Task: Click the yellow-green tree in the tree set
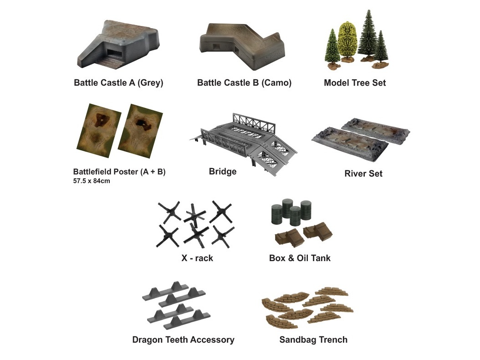tap(347, 40)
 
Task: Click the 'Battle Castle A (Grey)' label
tap(118, 83)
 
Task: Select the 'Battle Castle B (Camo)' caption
tap(244, 83)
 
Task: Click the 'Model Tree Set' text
tap(355, 83)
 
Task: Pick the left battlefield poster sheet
tap(98, 131)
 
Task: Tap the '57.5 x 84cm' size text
tap(92, 181)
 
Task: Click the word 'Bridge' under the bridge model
tap(223, 172)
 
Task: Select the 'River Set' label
tap(363, 174)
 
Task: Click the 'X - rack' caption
tap(197, 258)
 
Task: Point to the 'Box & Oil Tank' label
tap(300, 258)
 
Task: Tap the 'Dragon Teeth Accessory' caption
tap(184, 340)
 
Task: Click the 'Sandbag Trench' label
tap(313, 340)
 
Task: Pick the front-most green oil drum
tap(295, 216)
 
